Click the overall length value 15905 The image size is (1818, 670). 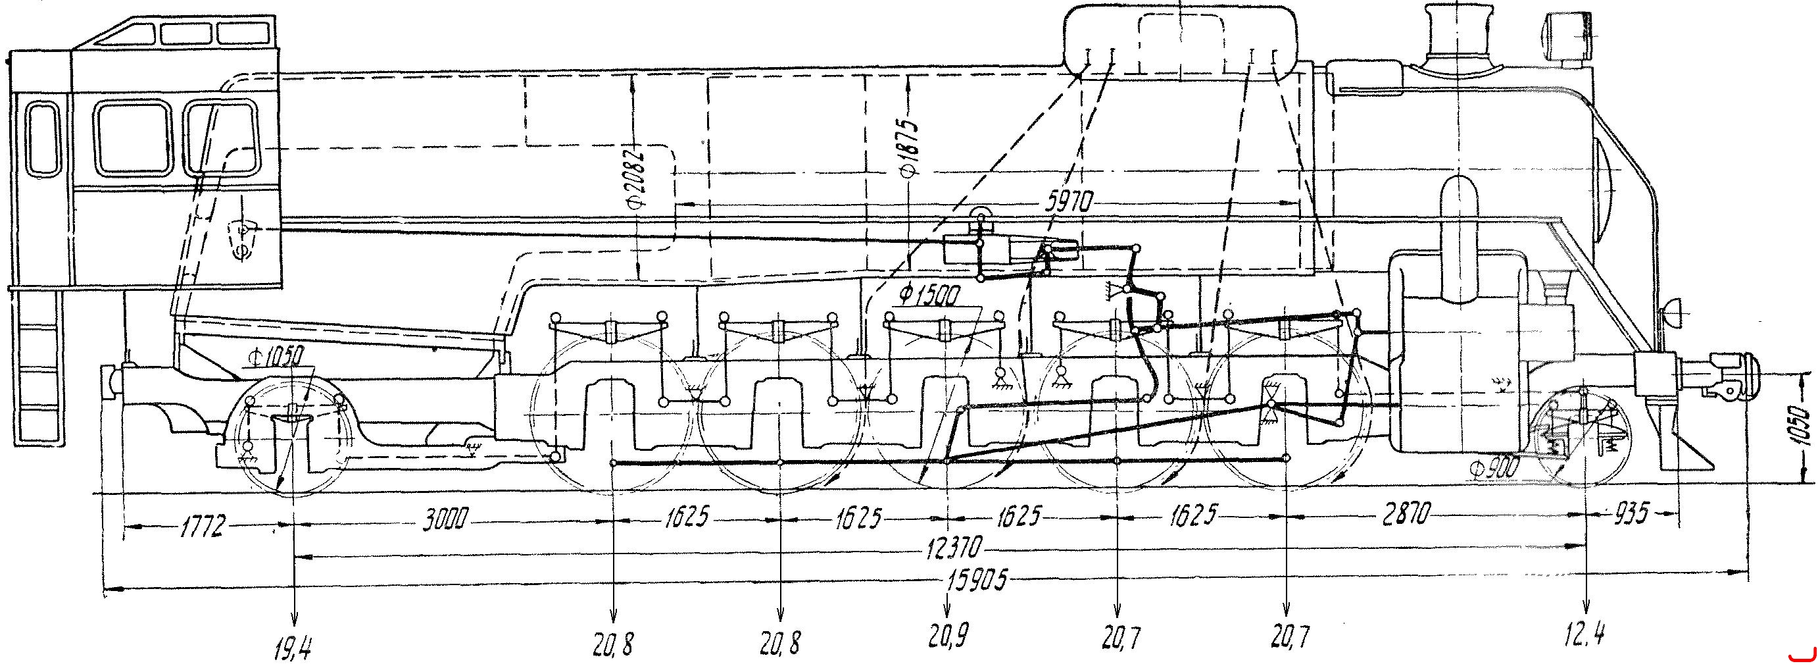pyautogui.click(x=968, y=583)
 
